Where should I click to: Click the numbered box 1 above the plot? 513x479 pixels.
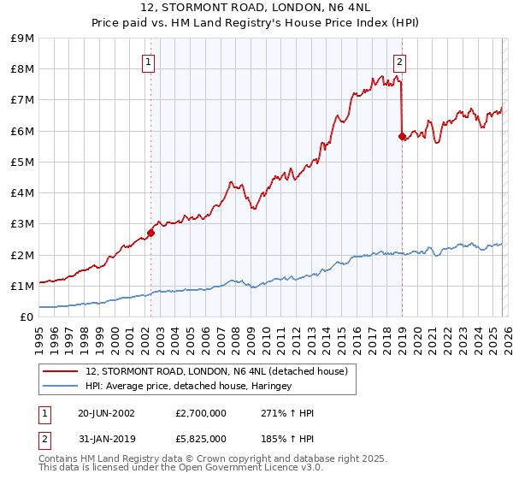pos(148,62)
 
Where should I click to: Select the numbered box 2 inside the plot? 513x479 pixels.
pos(399,62)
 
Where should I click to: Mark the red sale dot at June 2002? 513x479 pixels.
pos(150,233)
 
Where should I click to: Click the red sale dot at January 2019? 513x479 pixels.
pos(402,136)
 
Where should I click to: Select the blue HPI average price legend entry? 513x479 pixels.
pos(188,387)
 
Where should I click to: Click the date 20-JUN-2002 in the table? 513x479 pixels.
pos(106,413)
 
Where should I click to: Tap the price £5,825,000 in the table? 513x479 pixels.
pos(201,439)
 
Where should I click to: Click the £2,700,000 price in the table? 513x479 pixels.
pos(201,413)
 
